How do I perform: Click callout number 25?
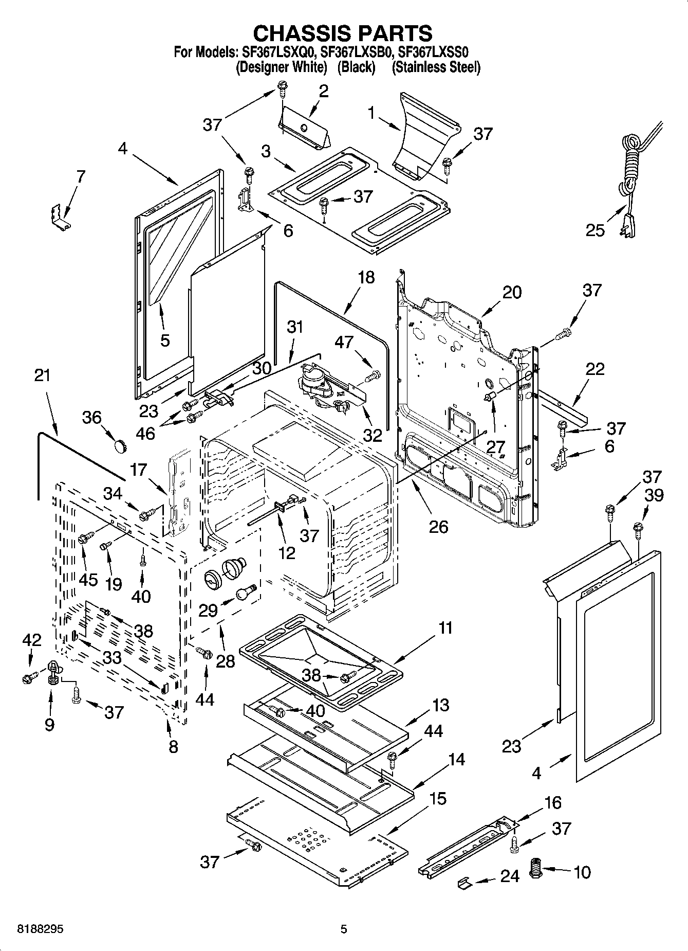coord(596,230)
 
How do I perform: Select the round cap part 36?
coord(121,446)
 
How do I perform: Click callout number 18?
coord(366,277)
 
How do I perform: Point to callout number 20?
coord(512,292)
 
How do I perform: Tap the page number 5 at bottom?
coord(344,929)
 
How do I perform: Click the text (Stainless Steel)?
coord(436,67)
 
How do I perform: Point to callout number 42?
coord(32,640)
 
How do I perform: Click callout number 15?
coord(438,798)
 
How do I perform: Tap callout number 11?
coord(445,628)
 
